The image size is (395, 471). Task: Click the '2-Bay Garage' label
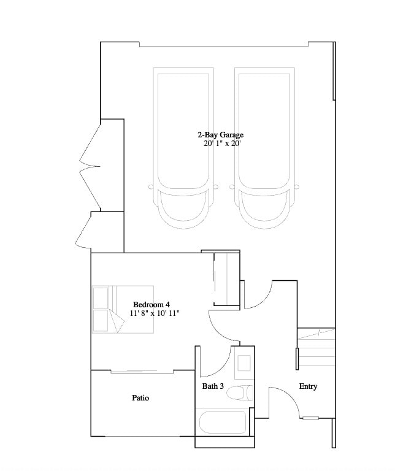[x=220, y=134]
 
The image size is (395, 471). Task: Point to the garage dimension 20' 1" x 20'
[x=222, y=144]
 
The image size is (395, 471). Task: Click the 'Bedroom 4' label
[x=151, y=304]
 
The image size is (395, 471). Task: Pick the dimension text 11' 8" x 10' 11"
[x=155, y=313]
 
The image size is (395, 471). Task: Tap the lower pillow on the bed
[x=101, y=320]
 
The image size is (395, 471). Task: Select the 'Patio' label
[x=140, y=398]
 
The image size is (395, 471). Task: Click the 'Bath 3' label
[x=213, y=386]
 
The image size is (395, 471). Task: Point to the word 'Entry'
[x=308, y=386]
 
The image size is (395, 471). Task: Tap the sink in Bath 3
[x=244, y=362]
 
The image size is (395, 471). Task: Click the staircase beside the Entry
[x=316, y=347]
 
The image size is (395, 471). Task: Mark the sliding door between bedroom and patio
[x=142, y=371]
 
